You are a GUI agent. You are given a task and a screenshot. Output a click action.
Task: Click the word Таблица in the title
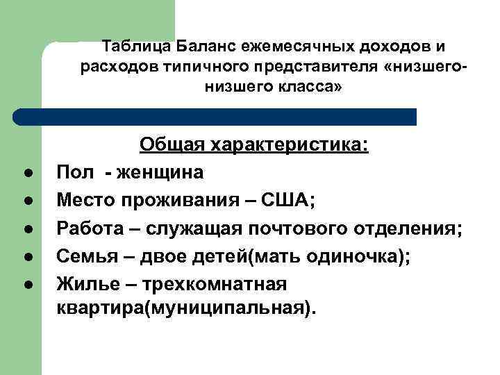(x=135, y=47)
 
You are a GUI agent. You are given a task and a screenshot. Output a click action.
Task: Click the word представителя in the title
(x=309, y=67)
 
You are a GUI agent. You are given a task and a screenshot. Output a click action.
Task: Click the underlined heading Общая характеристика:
(x=254, y=144)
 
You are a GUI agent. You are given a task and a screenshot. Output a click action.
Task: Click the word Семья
(x=83, y=256)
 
